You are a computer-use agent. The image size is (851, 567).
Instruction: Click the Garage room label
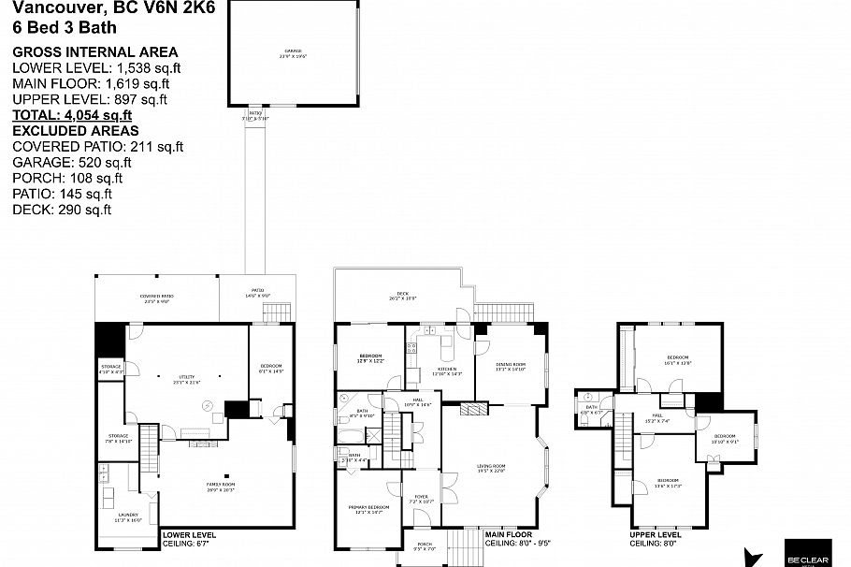tap(294, 52)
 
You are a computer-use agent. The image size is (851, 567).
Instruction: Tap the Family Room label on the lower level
tap(221, 485)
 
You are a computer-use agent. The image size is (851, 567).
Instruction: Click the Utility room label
tap(187, 378)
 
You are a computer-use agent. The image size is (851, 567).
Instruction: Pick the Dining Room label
tap(511, 365)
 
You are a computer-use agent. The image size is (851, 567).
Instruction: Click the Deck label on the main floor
tap(402, 295)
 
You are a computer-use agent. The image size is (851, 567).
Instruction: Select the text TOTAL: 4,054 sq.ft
tap(72, 115)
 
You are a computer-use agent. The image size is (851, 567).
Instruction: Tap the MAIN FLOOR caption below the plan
tap(511, 535)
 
